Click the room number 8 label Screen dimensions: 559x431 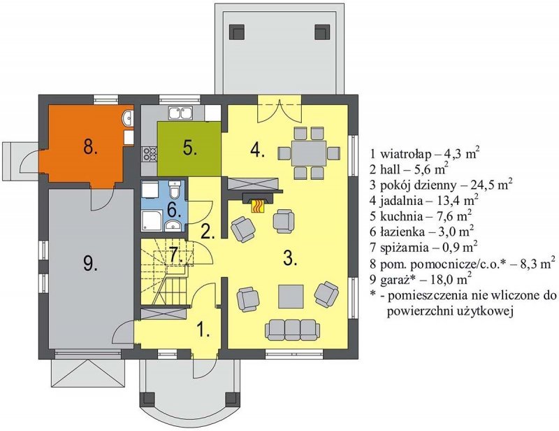[90, 146]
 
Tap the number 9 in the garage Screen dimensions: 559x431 [90, 264]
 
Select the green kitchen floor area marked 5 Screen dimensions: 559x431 [189, 148]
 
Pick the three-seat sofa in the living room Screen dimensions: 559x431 [292, 330]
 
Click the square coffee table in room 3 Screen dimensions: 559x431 [291, 296]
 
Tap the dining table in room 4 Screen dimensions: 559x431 [308, 153]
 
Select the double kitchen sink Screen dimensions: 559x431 [181, 113]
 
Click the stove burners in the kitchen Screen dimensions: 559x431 [150, 153]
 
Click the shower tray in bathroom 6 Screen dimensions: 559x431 [152, 220]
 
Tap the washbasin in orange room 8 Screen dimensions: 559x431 [128, 118]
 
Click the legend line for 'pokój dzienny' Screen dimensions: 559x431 [442, 185]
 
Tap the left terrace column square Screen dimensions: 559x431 [237, 31]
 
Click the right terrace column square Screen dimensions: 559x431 [322, 31]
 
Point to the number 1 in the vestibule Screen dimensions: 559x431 [203, 330]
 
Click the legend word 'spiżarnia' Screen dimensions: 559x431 [403, 247]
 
